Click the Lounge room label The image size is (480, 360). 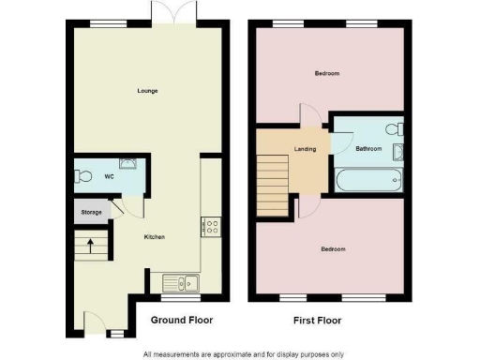147,91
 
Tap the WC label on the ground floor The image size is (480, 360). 109,175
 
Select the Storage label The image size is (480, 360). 90,213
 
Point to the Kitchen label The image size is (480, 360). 154,237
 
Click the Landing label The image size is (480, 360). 305,148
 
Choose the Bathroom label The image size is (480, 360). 367,148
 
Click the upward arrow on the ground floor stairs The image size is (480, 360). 90,247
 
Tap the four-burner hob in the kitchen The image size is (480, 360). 211,226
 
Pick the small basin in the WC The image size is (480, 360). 132,162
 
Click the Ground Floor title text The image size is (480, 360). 182,321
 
